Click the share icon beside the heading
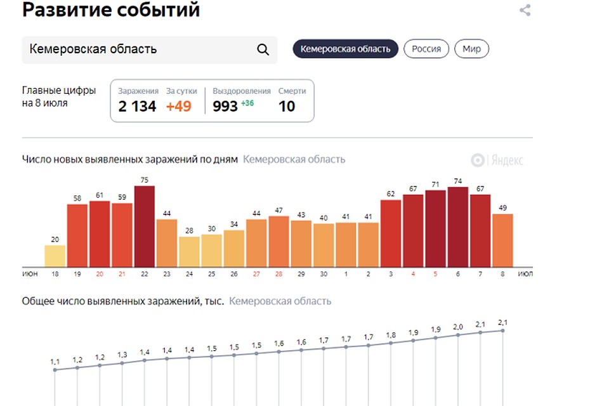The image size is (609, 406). point(525,10)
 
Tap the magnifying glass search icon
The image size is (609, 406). point(263,49)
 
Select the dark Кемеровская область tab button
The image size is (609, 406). point(345,49)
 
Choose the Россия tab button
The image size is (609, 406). point(426,49)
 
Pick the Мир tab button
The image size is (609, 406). point(471,49)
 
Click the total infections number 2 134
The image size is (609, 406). point(137,106)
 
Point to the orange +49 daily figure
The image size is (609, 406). point(178,106)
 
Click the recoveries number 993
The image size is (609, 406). point(225,106)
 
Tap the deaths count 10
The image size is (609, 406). point(287,106)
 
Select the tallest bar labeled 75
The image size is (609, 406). point(145,226)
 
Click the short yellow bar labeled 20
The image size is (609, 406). point(55,256)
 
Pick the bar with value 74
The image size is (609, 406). point(458,227)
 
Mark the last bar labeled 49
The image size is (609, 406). point(502,240)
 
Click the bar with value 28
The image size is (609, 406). point(189,251)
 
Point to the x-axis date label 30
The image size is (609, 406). point(324,273)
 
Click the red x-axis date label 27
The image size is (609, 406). point(256,273)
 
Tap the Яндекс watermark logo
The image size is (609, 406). point(497,160)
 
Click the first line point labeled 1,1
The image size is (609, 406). point(55,370)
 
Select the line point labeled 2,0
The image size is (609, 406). point(458,334)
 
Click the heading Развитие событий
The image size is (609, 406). point(111,10)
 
